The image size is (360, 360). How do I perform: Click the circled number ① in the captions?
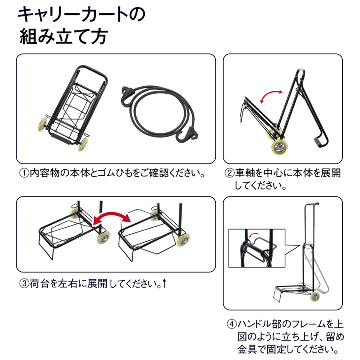click(25, 173)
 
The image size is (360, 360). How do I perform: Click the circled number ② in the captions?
click(230, 173)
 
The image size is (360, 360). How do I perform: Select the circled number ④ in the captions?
click(231, 324)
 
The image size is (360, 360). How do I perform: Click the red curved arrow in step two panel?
click(271, 97)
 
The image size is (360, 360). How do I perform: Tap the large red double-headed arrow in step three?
click(111, 217)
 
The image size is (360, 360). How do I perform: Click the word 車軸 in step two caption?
click(245, 173)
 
